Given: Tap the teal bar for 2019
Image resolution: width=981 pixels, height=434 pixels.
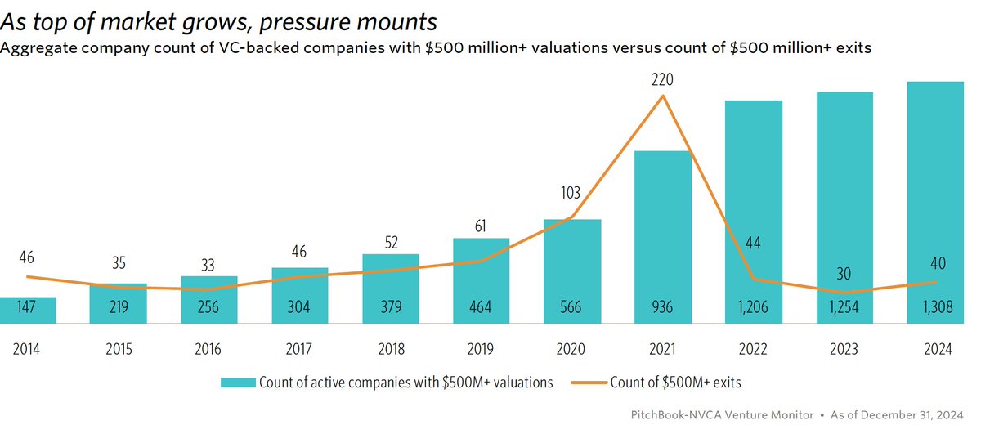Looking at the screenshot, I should [481, 278].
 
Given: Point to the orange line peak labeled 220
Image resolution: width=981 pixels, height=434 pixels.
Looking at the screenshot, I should [662, 96].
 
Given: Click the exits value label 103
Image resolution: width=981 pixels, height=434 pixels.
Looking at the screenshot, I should [571, 194].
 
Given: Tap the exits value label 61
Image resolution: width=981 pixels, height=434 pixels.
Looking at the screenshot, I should [481, 222].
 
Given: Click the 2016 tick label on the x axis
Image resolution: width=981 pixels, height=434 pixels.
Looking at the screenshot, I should [208, 349].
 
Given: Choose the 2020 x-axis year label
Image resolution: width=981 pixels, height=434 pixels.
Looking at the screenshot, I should [571, 349].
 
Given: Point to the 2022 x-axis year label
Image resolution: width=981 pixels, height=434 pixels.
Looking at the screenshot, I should [753, 349].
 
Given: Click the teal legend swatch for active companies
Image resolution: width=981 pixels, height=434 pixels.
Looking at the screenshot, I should [238, 382].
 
